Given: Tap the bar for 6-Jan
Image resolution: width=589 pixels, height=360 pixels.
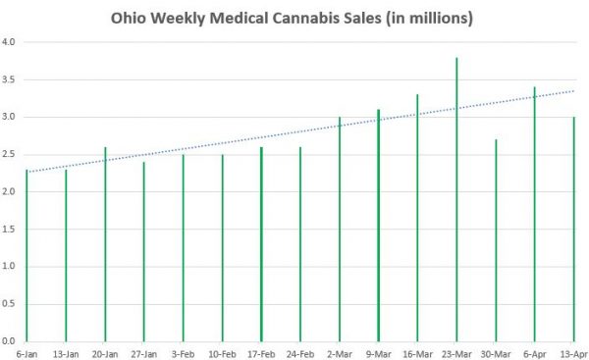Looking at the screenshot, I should tap(27, 255).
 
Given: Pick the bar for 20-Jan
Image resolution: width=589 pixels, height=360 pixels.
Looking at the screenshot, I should tap(105, 244).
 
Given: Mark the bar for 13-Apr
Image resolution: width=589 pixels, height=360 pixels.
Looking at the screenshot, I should tap(573, 230).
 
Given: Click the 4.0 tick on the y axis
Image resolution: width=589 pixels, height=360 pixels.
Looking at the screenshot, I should tap(9, 42).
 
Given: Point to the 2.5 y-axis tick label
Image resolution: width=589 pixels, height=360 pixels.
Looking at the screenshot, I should tap(9, 154).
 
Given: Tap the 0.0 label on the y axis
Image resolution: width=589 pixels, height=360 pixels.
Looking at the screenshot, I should tap(9, 340).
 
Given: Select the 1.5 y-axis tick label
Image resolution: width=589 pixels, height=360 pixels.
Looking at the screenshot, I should tap(9, 229).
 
